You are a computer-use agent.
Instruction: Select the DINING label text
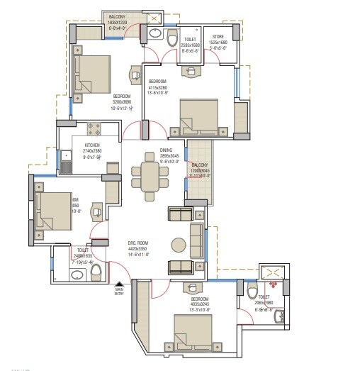pos(165,150)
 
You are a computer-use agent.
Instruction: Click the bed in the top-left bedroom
pos(93,74)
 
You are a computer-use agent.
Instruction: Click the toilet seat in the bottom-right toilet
pos(252,291)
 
